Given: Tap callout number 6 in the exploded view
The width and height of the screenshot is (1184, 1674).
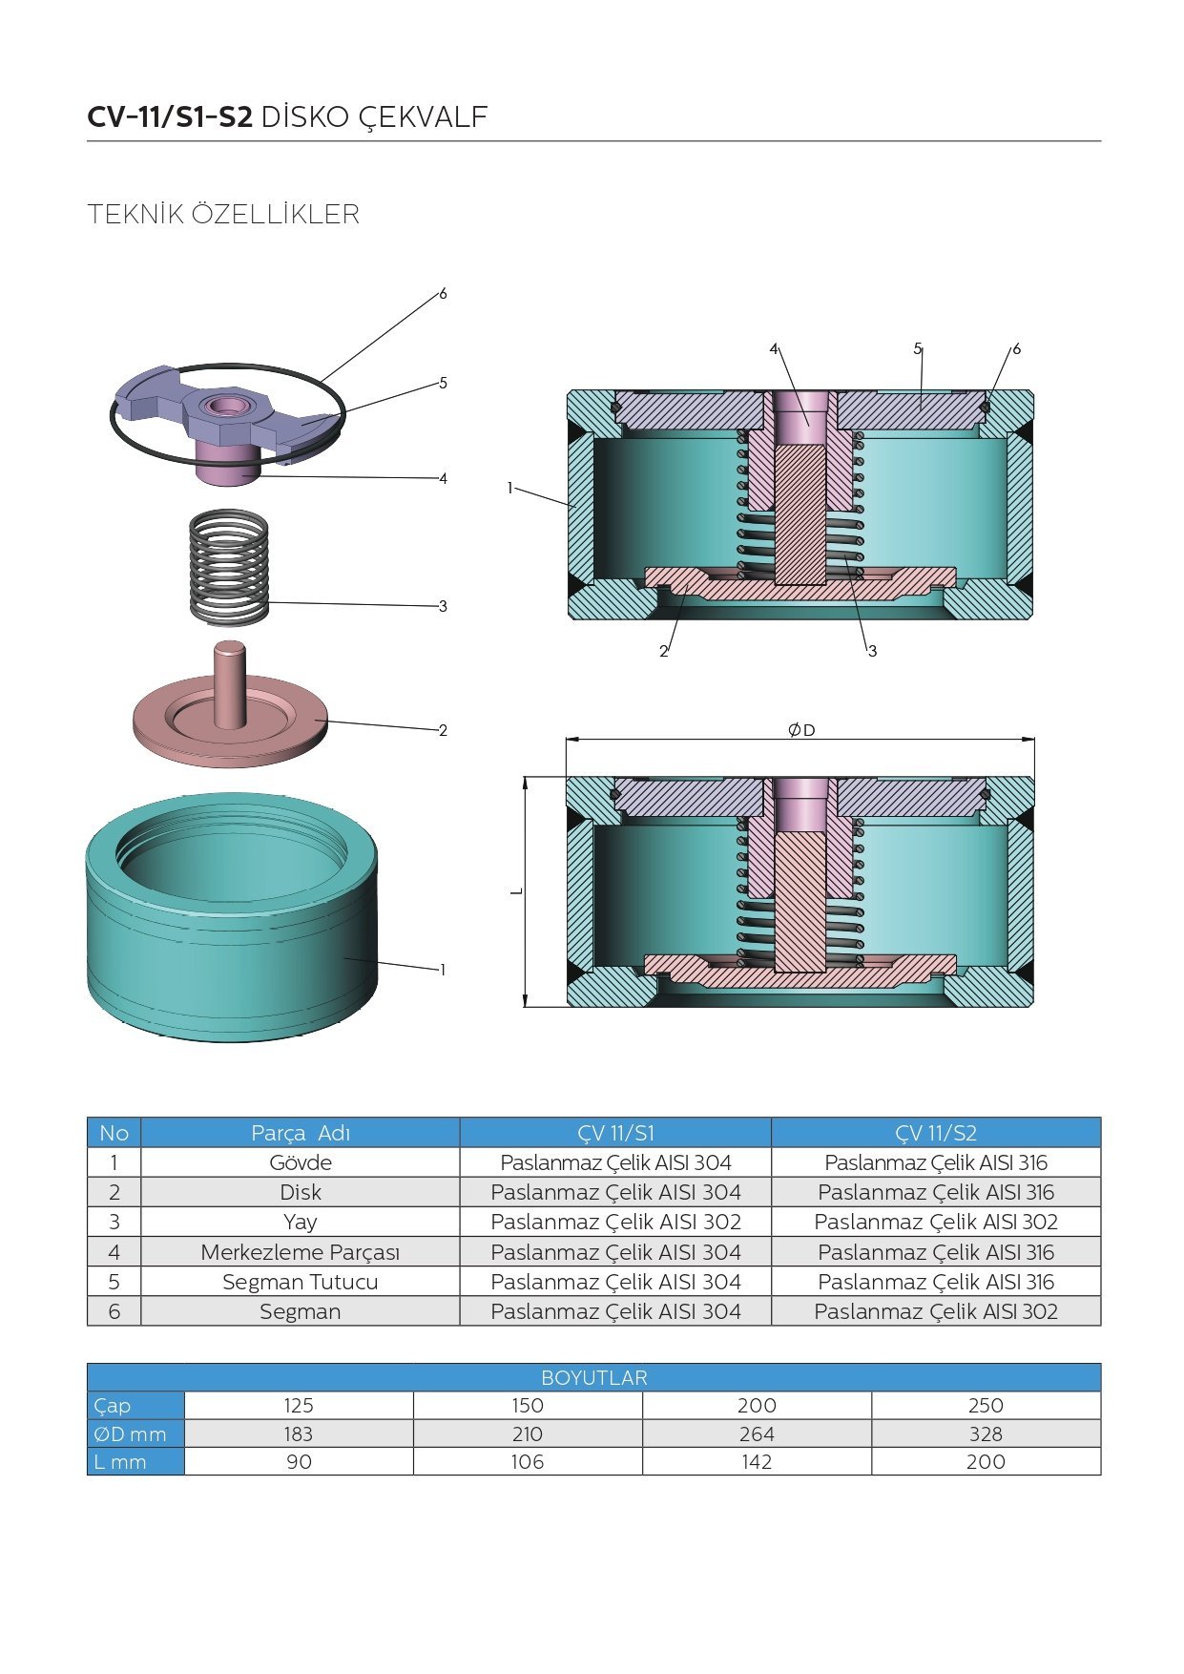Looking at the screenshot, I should click(x=443, y=294).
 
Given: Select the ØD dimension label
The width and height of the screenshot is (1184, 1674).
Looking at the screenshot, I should click(x=801, y=730).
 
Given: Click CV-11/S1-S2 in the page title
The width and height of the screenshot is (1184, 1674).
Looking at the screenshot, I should click(x=170, y=117).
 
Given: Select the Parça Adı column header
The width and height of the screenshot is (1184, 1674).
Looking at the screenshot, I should click(x=301, y=1133).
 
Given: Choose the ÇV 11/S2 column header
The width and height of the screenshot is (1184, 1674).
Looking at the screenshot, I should click(x=936, y=1133).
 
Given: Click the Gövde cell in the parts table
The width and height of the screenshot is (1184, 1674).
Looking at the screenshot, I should click(x=301, y=1162).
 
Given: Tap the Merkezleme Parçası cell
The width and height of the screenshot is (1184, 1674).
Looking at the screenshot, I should click(x=301, y=1252).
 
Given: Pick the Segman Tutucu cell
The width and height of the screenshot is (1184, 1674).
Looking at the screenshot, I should click(x=301, y=1282).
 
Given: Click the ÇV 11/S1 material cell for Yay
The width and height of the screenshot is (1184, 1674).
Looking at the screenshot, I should click(x=615, y=1222).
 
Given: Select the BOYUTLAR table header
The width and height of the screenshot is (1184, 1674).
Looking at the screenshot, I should click(x=593, y=1377).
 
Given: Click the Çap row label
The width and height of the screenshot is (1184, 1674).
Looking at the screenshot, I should click(x=113, y=1405).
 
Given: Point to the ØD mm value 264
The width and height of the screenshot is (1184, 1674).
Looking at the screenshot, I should click(x=757, y=1433).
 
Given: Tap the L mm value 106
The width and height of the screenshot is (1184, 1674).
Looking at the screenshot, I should click(x=528, y=1461).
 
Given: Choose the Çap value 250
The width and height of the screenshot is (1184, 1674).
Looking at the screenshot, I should click(x=986, y=1405).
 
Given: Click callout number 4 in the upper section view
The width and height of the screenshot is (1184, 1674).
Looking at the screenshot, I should click(x=774, y=349).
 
